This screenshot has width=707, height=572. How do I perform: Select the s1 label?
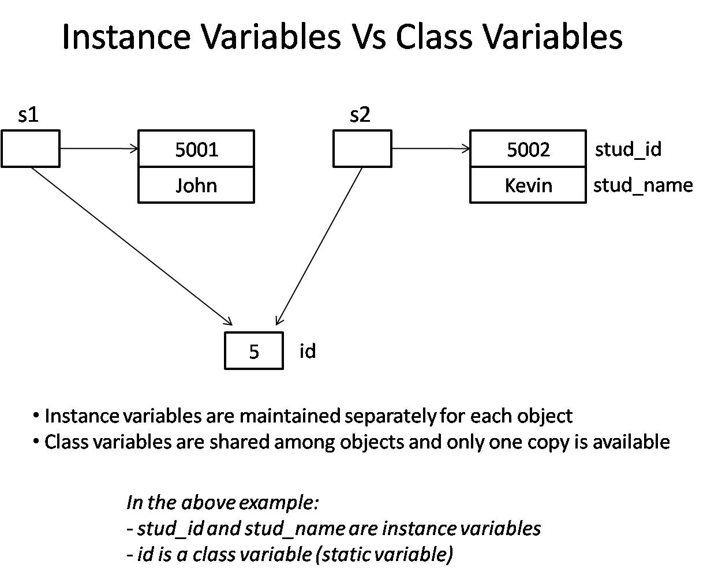(28, 115)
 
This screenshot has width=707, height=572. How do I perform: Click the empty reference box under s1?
(30, 149)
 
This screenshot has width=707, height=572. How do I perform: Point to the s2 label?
(360, 115)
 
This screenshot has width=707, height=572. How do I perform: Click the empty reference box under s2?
(362, 149)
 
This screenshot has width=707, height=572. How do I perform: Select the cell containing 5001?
(196, 149)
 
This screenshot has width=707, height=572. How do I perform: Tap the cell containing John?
(196, 185)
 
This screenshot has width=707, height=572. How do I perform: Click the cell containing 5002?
(528, 149)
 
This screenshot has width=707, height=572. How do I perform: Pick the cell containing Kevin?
(528, 185)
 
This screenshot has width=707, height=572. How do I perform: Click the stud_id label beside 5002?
(628, 149)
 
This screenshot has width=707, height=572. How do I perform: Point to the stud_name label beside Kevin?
(642, 185)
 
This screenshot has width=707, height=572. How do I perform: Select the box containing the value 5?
(254, 351)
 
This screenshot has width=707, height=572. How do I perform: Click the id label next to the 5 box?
(308, 351)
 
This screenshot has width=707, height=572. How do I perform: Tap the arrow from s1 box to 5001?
(99, 149)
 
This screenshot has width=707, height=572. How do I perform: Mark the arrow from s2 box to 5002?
(431, 149)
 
